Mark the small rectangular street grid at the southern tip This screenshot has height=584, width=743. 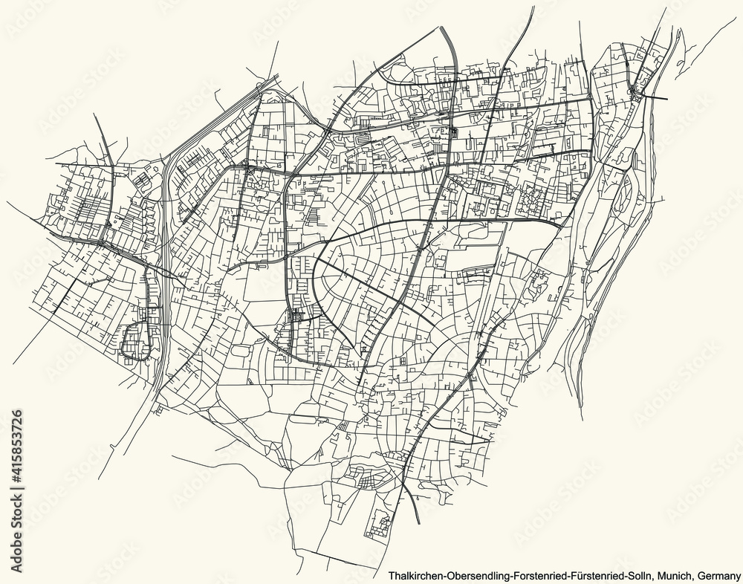[x=380, y=526]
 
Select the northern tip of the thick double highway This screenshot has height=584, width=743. [x=447, y=28]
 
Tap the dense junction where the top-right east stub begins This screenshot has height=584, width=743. [x=633, y=91]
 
